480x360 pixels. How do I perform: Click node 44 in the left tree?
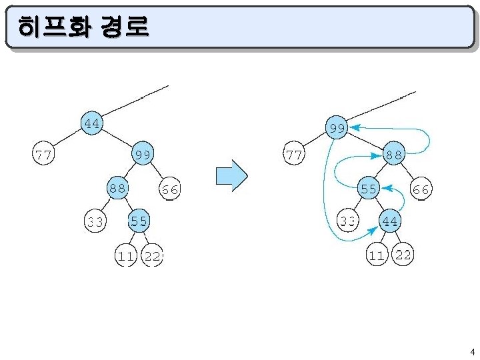(92, 123)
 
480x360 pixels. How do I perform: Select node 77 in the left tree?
(45, 155)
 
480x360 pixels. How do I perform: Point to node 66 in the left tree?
(169, 189)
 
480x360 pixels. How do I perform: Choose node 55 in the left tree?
(139, 220)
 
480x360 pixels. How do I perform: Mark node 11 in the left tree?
(125, 255)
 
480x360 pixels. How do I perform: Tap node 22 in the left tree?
(153, 255)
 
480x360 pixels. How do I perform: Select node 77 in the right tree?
(293, 155)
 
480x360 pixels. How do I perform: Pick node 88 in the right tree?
(393, 155)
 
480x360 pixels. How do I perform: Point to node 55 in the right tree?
(369, 189)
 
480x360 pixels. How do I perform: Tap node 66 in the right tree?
(420, 189)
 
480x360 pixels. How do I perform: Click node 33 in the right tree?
(347, 220)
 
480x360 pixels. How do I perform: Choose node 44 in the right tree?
(390, 221)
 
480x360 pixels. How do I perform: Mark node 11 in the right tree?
(377, 255)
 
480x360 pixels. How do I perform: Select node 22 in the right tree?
(403, 254)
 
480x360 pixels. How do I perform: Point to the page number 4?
(472, 352)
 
